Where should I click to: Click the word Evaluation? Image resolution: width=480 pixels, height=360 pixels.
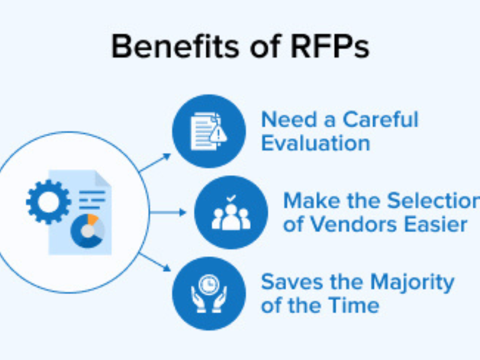[315, 143]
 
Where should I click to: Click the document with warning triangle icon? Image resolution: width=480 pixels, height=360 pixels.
[208, 131]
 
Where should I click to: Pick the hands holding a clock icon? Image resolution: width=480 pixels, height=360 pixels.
[209, 293]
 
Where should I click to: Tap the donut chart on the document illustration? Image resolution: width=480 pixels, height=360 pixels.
[88, 230]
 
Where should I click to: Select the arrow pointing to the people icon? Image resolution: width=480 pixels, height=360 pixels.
[169, 212]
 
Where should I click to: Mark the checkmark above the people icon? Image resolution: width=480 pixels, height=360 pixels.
[231, 197]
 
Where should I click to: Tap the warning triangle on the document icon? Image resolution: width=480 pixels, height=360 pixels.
[218, 135]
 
